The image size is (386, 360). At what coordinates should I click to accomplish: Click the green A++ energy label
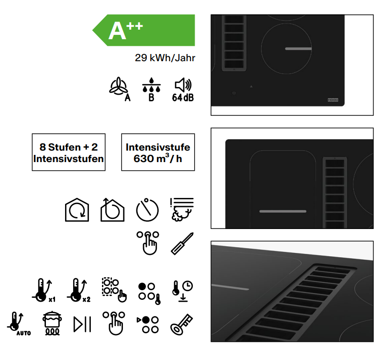tap(144, 30)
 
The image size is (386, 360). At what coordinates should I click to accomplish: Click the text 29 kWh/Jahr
tap(165, 58)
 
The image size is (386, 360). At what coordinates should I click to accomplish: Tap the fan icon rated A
tap(120, 89)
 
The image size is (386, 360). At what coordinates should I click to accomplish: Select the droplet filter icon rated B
tap(152, 89)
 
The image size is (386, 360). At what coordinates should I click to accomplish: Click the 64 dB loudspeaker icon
tap(183, 90)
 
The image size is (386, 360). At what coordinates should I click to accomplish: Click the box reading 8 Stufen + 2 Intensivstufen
tap(69, 152)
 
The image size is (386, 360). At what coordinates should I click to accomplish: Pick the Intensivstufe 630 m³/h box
tap(158, 152)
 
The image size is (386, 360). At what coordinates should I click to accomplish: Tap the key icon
tap(182, 324)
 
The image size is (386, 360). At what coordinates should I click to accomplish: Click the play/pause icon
tap(82, 324)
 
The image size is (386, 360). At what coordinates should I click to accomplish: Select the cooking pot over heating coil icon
tap(52, 323)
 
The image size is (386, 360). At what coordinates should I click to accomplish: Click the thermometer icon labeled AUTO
tap(19, 324)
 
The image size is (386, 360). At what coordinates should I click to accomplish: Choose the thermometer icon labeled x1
tap(44, 290)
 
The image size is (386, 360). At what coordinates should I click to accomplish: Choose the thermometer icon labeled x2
tap(78, 290)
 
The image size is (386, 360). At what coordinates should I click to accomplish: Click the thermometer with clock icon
tap(182, 291)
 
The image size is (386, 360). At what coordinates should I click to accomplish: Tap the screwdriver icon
tap(182, 244)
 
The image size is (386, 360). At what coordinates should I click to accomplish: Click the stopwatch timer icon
tap(147, 210)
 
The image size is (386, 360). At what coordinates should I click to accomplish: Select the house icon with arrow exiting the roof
tap(112, 210)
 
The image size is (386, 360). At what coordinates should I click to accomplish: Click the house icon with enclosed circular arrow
tap(77, 210)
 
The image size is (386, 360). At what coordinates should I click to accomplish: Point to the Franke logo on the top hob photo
tap(333, 100)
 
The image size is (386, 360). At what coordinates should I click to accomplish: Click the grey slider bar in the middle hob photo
tap(283, 211)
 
